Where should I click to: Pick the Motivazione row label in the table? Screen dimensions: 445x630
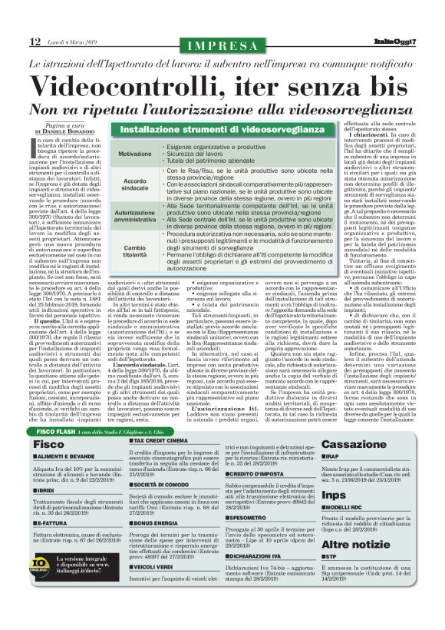pyautogui.click(x=135, y=154)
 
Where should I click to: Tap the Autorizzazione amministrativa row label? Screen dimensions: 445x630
pyautogui.click(x=135, y=217)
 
